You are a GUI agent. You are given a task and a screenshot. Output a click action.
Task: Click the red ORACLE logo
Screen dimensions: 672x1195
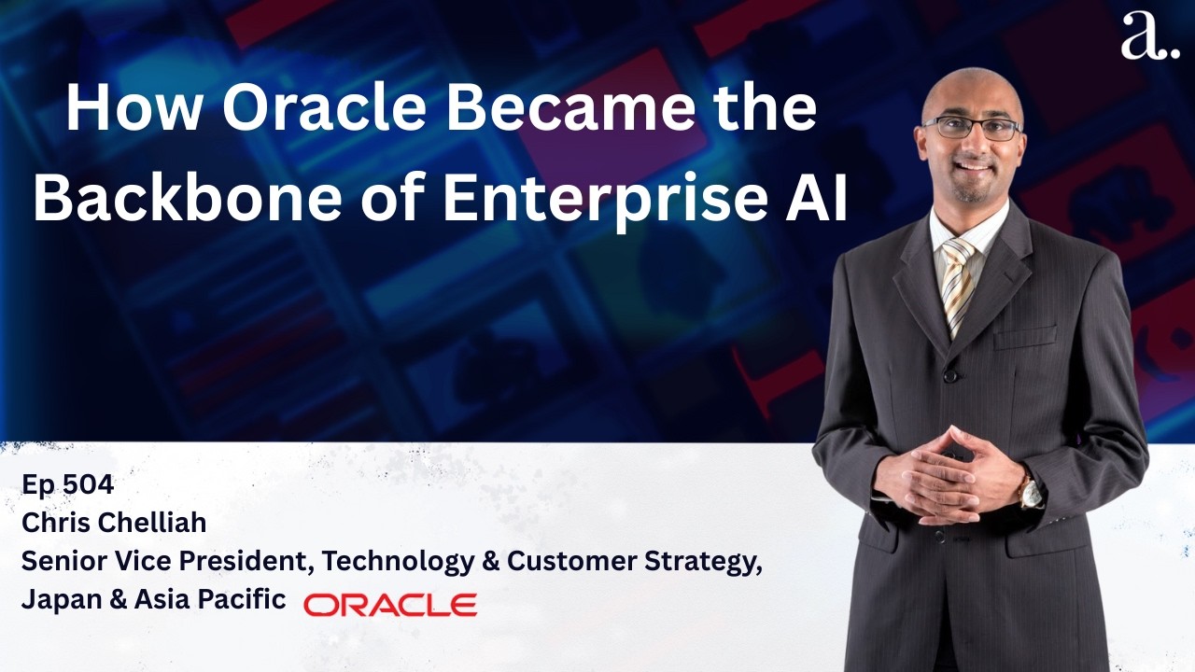[x=390, y=605]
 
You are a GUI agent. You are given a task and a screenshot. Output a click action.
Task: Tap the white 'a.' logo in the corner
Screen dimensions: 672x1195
[x=1148, y=37]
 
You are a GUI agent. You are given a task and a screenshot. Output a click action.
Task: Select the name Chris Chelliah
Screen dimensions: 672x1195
[x=114, y=524]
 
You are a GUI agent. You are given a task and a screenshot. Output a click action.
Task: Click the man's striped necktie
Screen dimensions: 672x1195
[x=958, y=280]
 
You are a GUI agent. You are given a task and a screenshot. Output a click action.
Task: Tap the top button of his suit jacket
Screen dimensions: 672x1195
[x=949, y=375]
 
